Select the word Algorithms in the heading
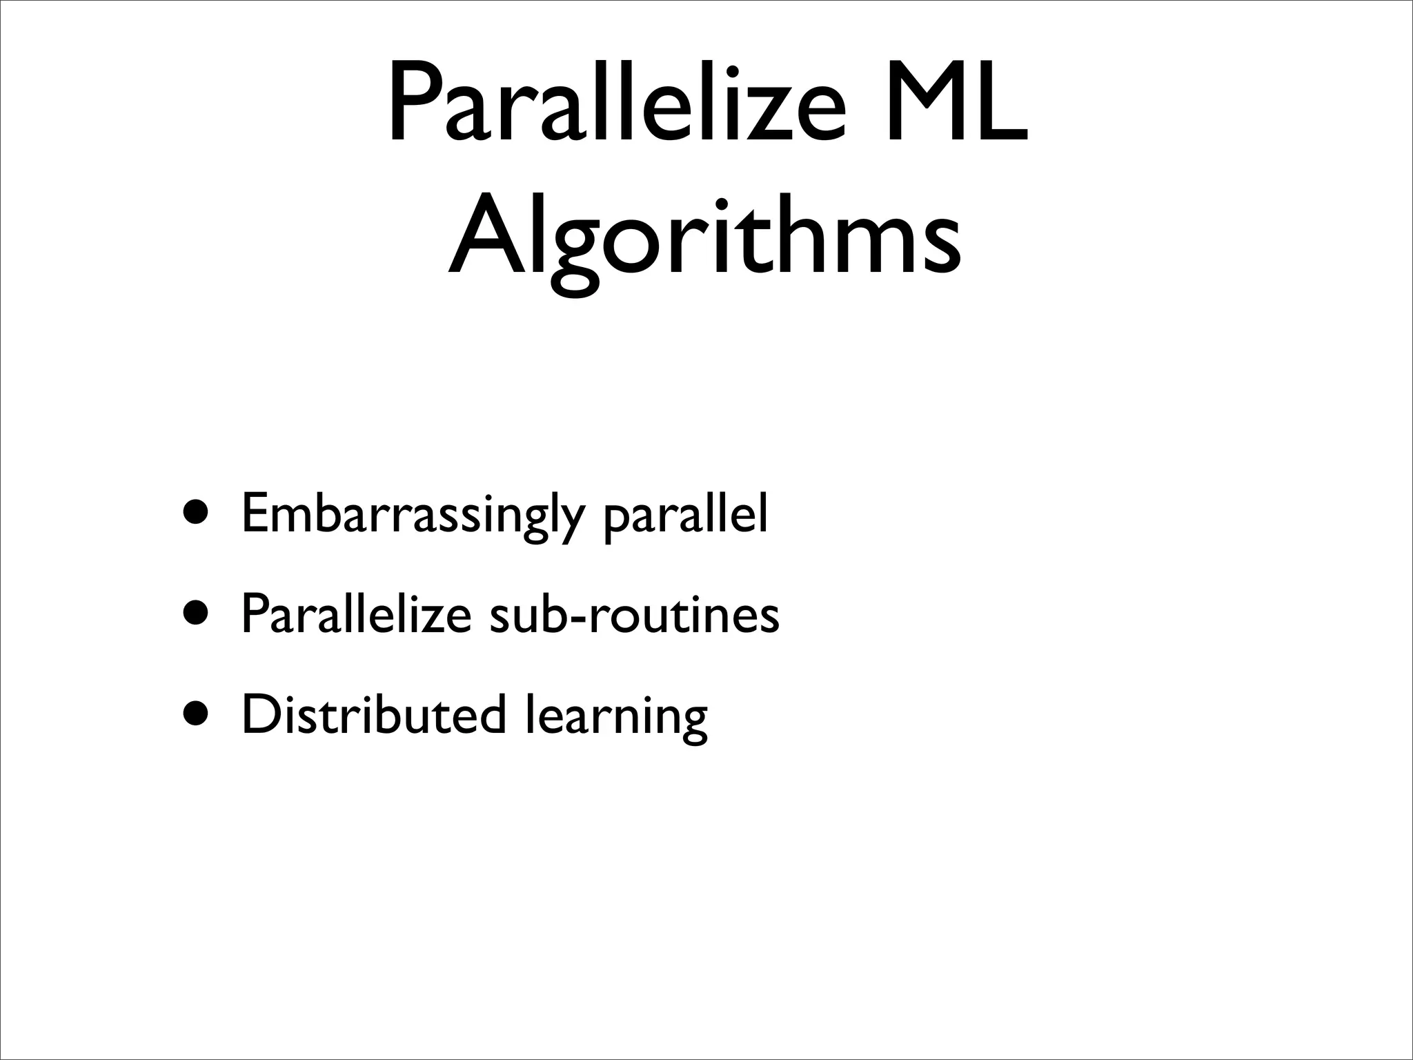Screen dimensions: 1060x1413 [704, 238]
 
